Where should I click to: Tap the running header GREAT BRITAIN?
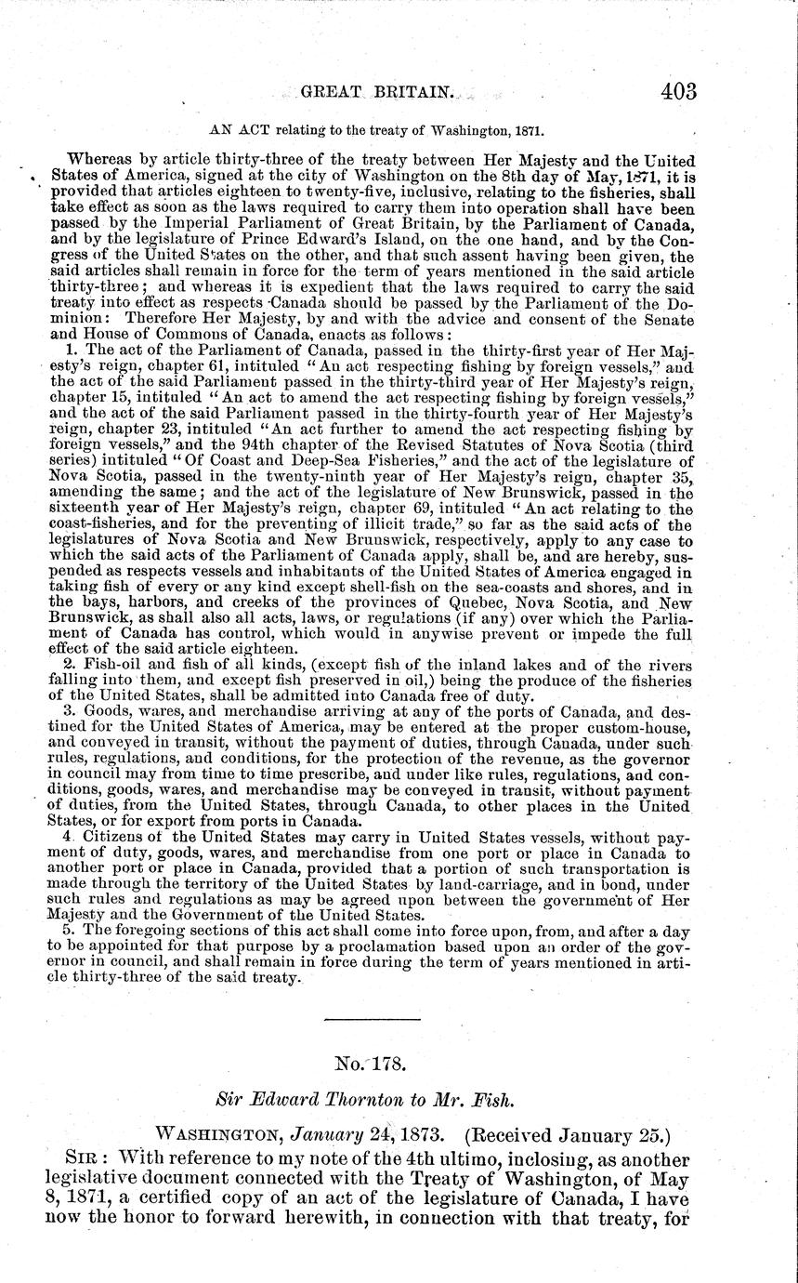377,93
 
